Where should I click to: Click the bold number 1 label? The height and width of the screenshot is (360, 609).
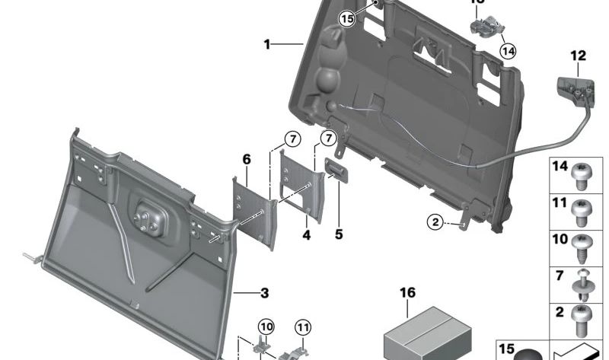(x=267, y=45)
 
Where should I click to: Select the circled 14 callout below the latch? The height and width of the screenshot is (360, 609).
(x=508, y=51)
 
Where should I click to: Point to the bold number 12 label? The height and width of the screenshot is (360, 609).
(x=578, y=56)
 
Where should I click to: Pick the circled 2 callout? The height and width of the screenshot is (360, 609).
(x=435, y=222)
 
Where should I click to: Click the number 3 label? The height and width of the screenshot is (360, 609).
(x=264, y=292)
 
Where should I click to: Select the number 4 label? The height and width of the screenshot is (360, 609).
(x=307, y=236)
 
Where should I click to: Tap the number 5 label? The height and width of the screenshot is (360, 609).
(x=339, y=235)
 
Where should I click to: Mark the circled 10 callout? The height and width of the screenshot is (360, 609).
(x=265, y=327)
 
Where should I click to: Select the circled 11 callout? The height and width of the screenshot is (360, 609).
(x=304, y=327)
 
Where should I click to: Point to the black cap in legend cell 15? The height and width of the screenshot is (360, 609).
(x=529, y=353)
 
